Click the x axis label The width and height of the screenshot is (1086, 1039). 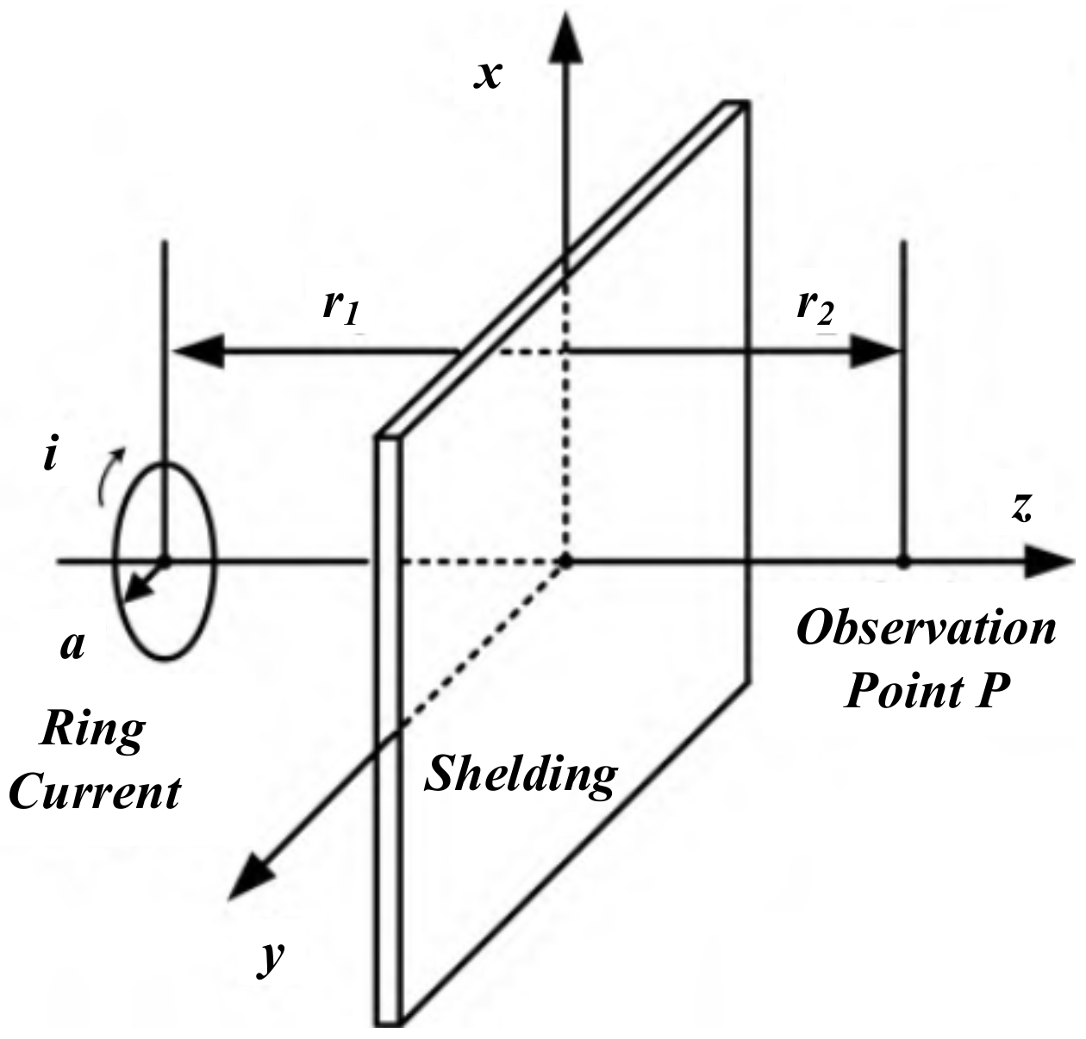pos(489,75)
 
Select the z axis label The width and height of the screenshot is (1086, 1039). pos(1021,508)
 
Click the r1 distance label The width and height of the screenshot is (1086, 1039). pos(340,307)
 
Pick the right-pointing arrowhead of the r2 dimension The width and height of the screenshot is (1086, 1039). pos(875,352)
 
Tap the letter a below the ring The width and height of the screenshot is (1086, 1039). pos(72,644)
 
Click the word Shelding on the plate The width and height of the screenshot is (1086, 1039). pos(521,774)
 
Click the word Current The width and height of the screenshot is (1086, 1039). pos(95,791)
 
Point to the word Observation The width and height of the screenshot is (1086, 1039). pos(926,629)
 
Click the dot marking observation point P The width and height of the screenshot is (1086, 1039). pos(903,563)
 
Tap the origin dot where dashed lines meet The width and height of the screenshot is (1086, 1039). pos(565,563)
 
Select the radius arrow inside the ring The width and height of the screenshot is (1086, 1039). pos(142,582)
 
